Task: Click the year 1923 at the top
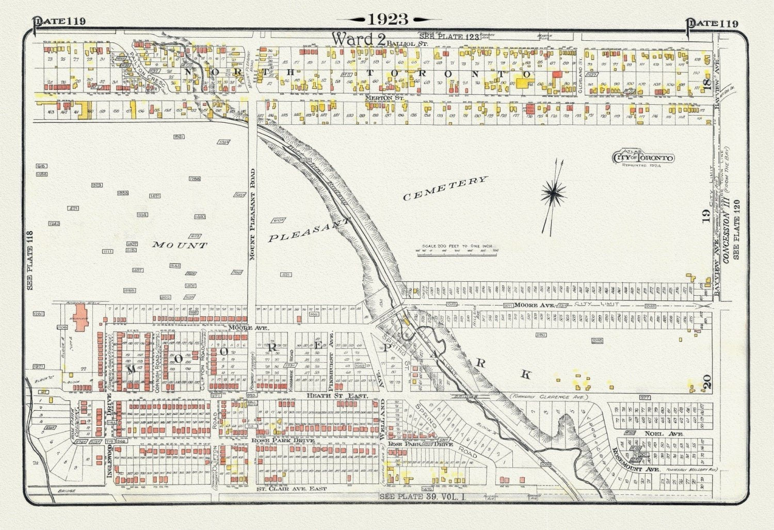pyautogui.click(x=388, y=19)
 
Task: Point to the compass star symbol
pyautogui.click(x=553, y=193)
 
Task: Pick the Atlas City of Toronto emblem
pyautogui.click(x=643, y=157)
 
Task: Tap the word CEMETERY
pyautogui.click(x=445, y=188)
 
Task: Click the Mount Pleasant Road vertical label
pyautogui.click(x=253, y=214)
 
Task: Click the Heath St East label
pyautogui.click(x=337, y=395)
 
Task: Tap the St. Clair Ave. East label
pyautogui.click(x=292, y=488)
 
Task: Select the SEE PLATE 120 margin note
pyautogui.click(x=736, y=229)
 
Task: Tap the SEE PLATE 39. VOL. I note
pyautogui.click(x=422, y=496)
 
